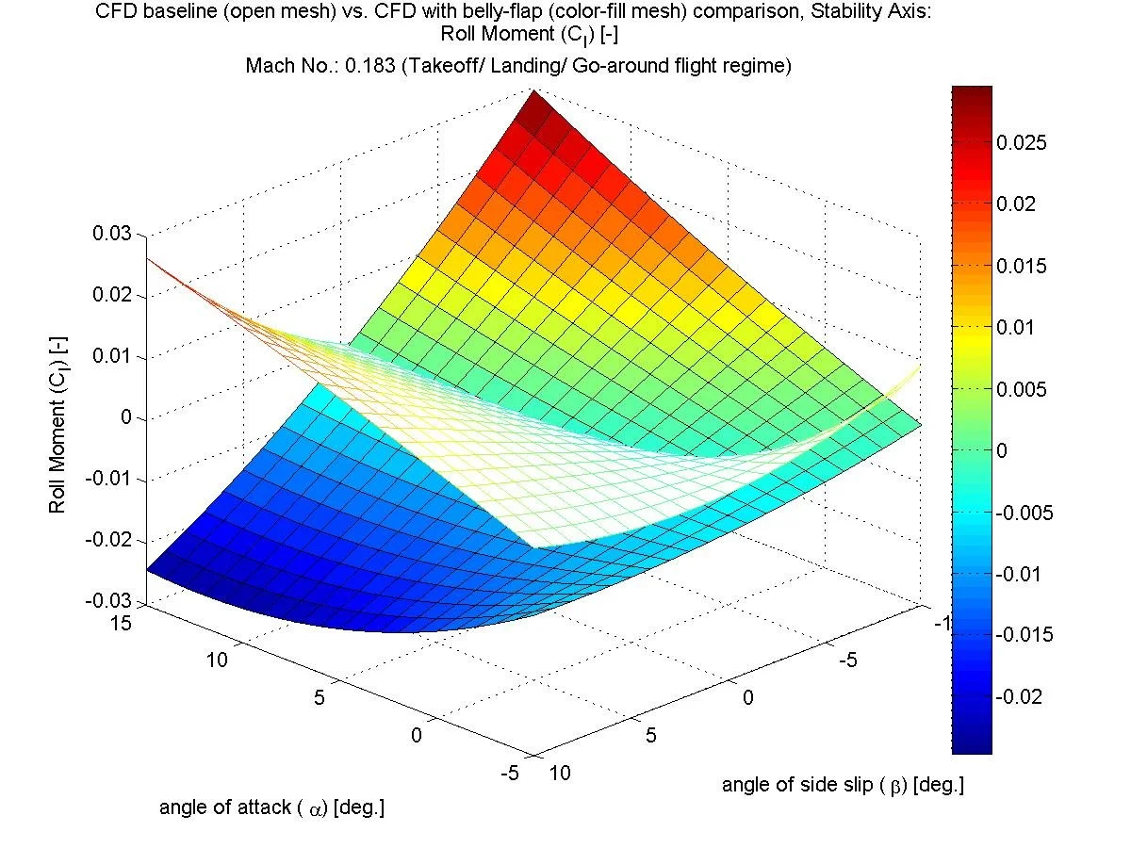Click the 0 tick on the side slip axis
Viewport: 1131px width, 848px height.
tap(748, 697)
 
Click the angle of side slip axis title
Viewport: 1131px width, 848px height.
tap(843, 785)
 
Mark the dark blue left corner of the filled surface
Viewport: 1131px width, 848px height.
tap(151, 568)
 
